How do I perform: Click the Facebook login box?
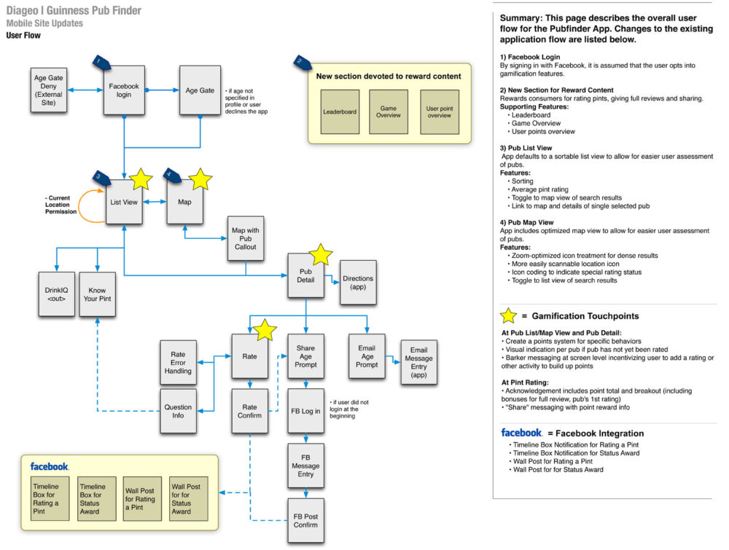tap(124, 90)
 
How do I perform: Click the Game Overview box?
tap(388, 111)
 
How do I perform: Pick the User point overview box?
tap(440, 111)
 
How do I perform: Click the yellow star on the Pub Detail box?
tap(321, 255)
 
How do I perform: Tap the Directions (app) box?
tap(357, 283)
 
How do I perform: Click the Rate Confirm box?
tap(250, 412)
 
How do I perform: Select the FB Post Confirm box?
tap(306, 520)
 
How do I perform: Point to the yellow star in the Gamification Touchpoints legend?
tap(507, 316)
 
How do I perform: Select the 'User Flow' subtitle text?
tap(23, 35)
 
